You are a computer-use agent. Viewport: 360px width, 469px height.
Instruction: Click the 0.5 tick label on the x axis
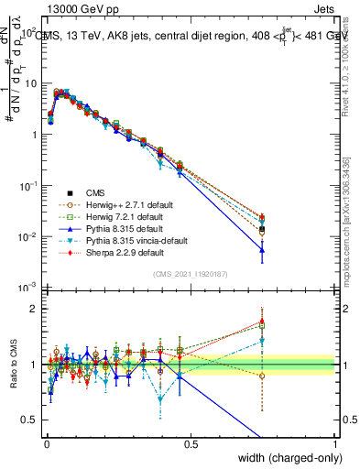tap(191, 442)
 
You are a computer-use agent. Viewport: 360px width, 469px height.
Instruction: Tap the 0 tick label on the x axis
tap(45, 442)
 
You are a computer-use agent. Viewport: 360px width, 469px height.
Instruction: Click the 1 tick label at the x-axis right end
tap(335, 442)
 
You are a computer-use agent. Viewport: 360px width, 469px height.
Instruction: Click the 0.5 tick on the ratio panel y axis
tap(31, 420)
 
